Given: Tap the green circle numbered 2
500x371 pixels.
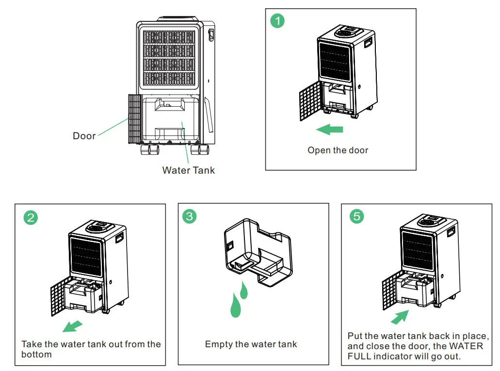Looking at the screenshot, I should [31, 217].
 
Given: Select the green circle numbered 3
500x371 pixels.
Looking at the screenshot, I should [189, 216].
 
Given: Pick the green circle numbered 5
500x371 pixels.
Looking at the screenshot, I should [356, 216].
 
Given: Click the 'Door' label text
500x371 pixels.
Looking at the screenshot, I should [84, 136].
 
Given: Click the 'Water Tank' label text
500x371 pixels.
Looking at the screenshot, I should [188, 170].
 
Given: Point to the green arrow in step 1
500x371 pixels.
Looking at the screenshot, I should [329, 129].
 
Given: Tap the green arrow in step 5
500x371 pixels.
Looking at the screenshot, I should [399, 318].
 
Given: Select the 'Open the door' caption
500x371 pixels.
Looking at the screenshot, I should [338, 150].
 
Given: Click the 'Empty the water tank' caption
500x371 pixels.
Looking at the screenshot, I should [251, 344].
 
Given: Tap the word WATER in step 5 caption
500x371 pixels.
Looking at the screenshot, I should [467, 346].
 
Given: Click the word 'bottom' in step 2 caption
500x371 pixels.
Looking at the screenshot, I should [36, 355].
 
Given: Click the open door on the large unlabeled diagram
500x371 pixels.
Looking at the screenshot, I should [134, 118].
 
